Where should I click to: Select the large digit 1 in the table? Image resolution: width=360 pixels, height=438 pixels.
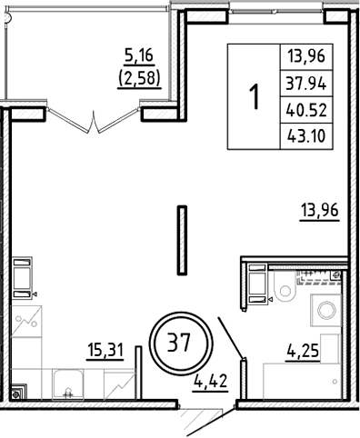(x=255, y=95)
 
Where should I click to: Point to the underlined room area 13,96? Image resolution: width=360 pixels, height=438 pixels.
(x=317, y=213)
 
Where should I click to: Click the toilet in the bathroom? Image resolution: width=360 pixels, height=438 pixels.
(x=285, y=291)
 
